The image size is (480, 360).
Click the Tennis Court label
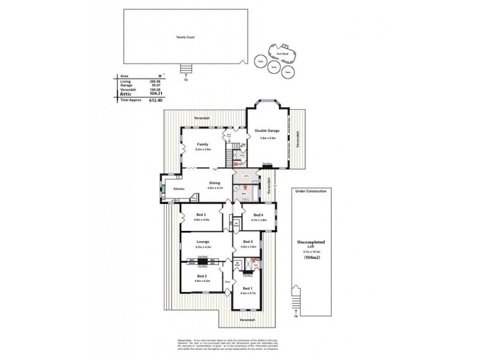point(185,37)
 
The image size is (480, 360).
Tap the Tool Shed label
point(281,52)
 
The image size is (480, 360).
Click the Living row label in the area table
point(125,82)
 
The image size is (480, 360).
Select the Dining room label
point(215,182)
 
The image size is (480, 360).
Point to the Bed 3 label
point(201,215)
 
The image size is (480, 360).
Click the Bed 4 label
point(258,215)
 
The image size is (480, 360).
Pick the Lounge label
point(202,241)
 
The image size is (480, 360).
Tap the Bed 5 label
point(248,241)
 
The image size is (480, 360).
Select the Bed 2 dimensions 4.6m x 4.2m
point(201,281)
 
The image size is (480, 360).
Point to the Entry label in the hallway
point(227,281)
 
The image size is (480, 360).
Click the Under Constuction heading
point(311,191)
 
